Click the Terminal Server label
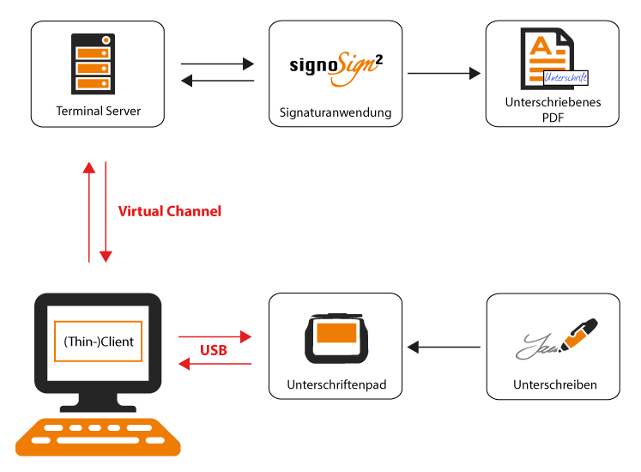[x=98, y=111]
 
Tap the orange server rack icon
[x=94, y=65]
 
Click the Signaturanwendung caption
[x=336, y=112]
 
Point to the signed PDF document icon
[x=552, y=57]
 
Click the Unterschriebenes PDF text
[x=553, y=109]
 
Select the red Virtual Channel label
[x=169, y=211]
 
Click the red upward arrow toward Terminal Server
[x=88, y=211]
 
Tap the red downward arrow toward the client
[x=106, y=211]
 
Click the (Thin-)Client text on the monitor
[x=99, y=341]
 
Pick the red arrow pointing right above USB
[x=215, y=336]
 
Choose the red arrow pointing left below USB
[x=215, y=365]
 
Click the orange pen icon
[x=578, y=336]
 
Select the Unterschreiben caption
[x=554, y=385]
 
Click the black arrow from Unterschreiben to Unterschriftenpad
[x=444, y=348]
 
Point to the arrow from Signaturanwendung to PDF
[x=444, y=74]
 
